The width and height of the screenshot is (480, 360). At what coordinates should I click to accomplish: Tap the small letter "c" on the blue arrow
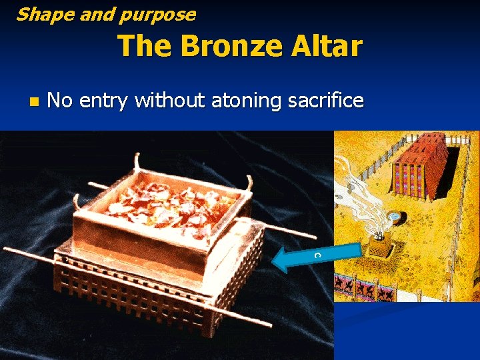pyautogui.click(x=318, y=255)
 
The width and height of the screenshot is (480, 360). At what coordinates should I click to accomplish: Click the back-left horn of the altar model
pyautogui.click(x=138, y=163)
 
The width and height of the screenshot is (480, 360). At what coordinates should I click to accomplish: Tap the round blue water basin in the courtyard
pyautogui.click(x=395, y=217)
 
